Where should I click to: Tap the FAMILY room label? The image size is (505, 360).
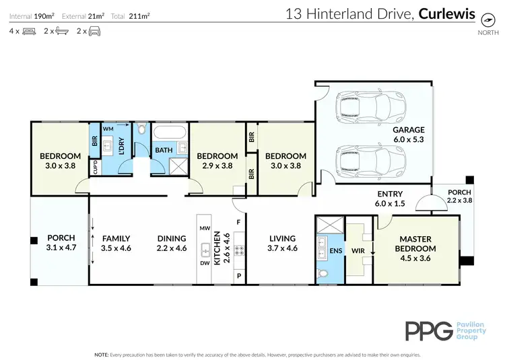coord(116,238)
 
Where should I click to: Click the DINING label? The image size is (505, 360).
coord(172,238)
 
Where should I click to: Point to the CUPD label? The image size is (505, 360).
coord(95,165)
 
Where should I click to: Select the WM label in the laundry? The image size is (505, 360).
coord(108,128)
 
